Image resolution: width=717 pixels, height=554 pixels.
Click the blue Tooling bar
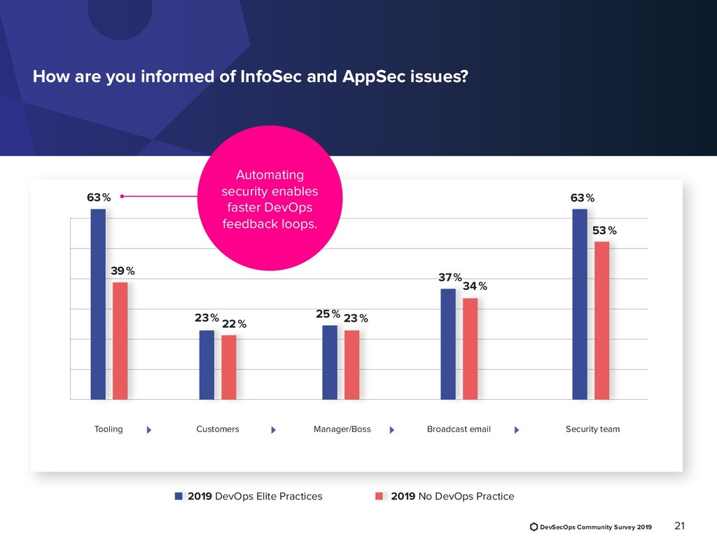click(x=98, y=304)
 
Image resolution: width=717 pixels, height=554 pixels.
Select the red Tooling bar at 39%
click(x=120, y=340)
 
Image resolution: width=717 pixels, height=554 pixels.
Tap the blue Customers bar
click(x=207, y=364)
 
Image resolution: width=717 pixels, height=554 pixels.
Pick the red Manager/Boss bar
click(x=351, y=364)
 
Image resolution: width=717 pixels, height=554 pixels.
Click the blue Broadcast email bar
click(x=448, y=344)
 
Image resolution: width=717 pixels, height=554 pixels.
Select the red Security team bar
click(x=601, y=320)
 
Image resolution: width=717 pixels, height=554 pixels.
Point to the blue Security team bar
click(x=579, y=304)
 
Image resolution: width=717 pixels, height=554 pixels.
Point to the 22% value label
click(x=234, y=324)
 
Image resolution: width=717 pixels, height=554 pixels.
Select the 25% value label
click(x=328, y=314)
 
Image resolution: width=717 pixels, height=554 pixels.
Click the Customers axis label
click(x=218, y=429)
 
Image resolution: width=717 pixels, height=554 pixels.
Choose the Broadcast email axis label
click(x=459, y=429)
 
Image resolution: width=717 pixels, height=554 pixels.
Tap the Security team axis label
click(x=592, y=429)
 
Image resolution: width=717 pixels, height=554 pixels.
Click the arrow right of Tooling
click(x=149, y=430)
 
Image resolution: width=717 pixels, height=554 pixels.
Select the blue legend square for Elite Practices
click(x=179, y=497)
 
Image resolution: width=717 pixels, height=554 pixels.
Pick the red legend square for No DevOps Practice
click(x=380, y=497)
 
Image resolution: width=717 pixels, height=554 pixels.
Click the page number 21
click(x=678, y=526)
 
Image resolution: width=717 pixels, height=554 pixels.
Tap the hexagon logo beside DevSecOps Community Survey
click(x=534, y=527)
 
